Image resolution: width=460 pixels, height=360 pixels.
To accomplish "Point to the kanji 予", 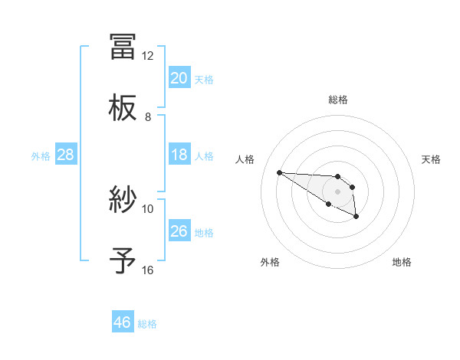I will [123, 260].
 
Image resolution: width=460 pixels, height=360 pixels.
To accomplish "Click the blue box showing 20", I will [179, 78].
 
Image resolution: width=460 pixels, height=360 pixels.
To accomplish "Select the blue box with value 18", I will [179, 155].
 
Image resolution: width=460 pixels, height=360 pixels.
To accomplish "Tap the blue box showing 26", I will [179, 231].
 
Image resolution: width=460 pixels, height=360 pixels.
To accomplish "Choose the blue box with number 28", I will [65, 155].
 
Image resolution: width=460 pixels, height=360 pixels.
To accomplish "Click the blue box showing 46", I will [123, 322].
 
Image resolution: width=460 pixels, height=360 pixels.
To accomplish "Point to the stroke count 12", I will [147, 56].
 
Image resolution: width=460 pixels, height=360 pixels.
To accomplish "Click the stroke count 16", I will [147, 270].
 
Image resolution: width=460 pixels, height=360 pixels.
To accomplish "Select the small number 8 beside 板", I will [147, 117].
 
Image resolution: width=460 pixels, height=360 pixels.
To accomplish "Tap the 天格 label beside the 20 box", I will [203, 79].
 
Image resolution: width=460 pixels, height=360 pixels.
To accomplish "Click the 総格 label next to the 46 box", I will [147, 323].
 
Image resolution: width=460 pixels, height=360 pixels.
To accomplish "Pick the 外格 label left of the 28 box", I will [41, 155].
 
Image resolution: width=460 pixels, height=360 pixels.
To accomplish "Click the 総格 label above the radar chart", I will [337, 100].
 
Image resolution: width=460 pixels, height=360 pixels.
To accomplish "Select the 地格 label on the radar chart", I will [402, 262].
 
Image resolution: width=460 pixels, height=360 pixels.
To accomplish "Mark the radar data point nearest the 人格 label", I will [279, 172].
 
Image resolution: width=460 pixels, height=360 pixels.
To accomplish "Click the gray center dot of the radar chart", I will [337, 191].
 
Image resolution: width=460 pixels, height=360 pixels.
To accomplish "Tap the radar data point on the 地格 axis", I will [356, 218].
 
